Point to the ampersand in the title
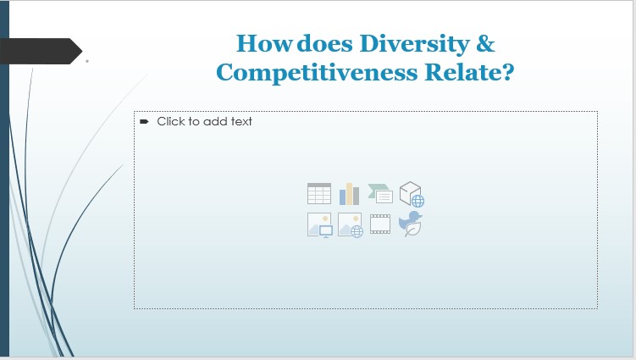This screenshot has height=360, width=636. point(485,43)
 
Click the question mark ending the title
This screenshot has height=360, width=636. point(506,73)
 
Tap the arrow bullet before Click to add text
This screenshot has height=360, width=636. point(144,121)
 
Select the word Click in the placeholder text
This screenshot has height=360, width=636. point(172,121)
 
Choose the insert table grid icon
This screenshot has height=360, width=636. point(319,194)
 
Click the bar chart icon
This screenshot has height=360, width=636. point(350,194)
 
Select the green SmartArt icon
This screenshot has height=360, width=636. point(380,194)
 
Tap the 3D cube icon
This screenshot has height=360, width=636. point(412,194)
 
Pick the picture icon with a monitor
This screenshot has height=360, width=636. point(319,224)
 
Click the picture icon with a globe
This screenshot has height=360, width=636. point(350,224)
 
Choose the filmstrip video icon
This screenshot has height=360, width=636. point(380,224)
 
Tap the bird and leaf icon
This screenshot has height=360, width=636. point(412,224)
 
